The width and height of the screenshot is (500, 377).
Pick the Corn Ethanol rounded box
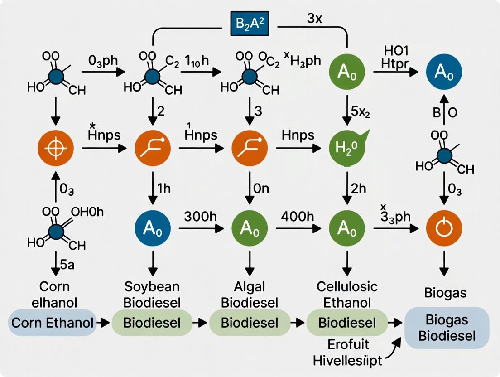52,323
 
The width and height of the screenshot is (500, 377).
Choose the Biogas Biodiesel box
447,328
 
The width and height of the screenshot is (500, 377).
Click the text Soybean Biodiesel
152,294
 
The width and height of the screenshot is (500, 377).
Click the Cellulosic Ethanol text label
347,294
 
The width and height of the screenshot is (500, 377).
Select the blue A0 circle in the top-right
444,73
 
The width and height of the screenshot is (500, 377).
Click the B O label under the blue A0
444,113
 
